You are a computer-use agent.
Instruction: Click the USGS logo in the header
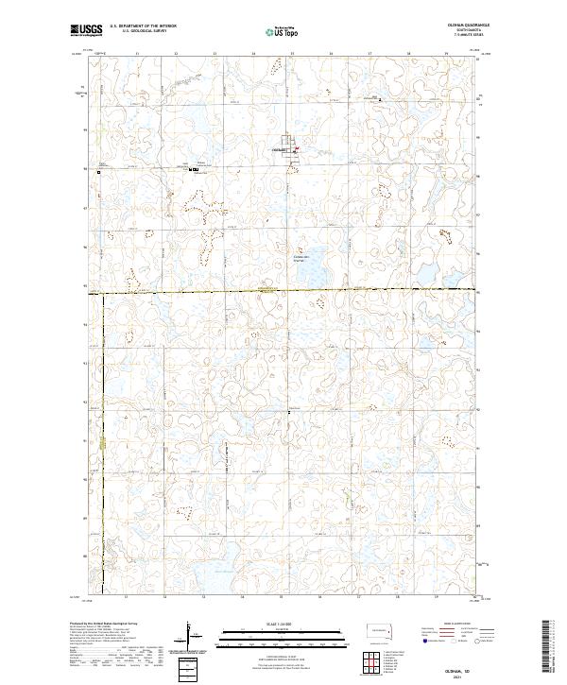click(x=86, y=30)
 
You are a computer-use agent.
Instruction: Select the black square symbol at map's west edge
click(x=97, y=172)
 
